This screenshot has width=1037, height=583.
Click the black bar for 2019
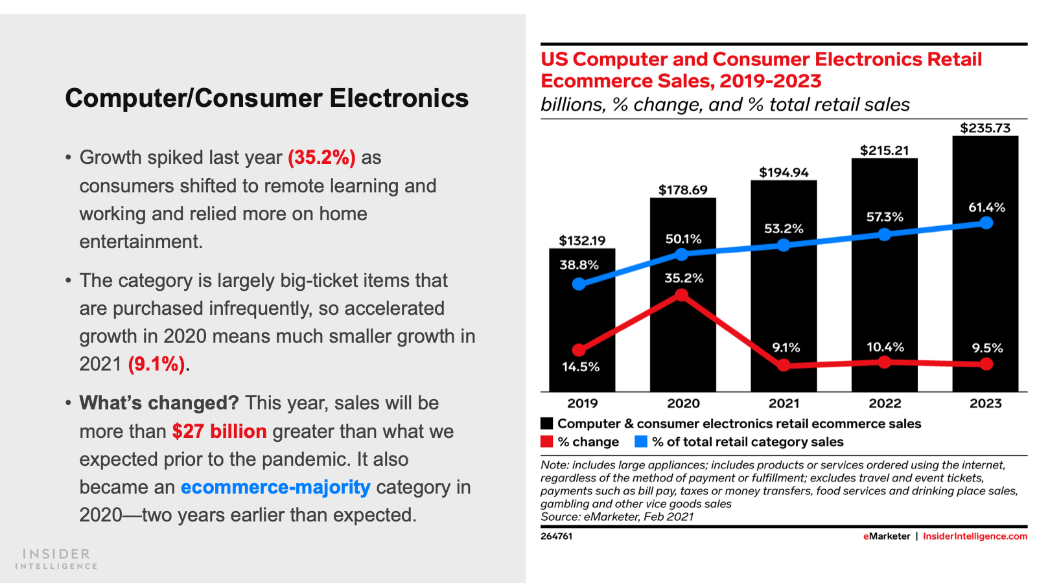click(x=581, y=317)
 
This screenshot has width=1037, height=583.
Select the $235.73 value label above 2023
click(x=985, y=128)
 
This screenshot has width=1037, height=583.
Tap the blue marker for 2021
click(x=784, y=245)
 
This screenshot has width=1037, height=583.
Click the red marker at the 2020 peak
click(x=682, y=295)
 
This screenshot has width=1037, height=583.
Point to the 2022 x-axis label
click(x=885, y=404)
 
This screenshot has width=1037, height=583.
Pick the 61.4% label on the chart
click(x=986, y=207)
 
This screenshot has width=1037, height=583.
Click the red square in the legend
click(x=547, y=442)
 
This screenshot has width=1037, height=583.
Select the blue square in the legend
click(x=641, y=442)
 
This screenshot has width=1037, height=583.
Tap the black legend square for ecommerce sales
click(x=547, y=424)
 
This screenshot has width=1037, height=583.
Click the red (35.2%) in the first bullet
click(x=321, y=157)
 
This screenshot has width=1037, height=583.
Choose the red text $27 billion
click(x=219, y=431)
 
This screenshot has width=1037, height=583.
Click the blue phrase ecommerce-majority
click(x=275, y=487)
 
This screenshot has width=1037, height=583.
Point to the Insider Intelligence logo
click(x=56, y=559)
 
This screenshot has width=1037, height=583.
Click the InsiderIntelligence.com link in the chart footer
click(x=975, y=536)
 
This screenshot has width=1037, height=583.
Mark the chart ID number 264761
click(x=556, y=536)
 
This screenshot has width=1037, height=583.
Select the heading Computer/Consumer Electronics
click(x=266, y=98)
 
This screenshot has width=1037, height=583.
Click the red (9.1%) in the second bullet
click(x=157, y=364)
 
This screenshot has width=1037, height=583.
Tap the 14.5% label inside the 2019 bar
click(x=580, y=367)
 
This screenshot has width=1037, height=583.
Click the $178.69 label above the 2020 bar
click(x=683, y=190)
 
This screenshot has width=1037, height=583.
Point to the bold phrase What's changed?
click(x=159, y=403)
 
